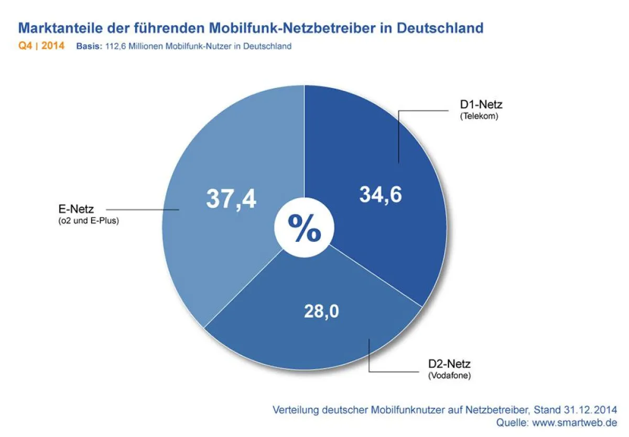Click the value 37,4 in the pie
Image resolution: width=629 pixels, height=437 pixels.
point(231,199)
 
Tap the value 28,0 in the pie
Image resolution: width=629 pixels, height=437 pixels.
point(321,311)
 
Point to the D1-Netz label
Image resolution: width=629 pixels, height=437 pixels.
point(481,105)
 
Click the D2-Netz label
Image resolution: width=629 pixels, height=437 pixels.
point(449,364)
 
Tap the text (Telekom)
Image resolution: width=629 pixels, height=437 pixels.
point(479,116)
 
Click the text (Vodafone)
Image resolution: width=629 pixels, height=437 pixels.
point(449,376)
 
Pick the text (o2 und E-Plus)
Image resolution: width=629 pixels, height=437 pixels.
point(89,221)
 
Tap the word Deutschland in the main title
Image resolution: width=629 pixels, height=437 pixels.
point(440,28)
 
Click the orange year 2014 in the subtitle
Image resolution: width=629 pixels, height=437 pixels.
point(53,46)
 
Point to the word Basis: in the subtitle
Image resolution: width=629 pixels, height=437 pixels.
point(88,46)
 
